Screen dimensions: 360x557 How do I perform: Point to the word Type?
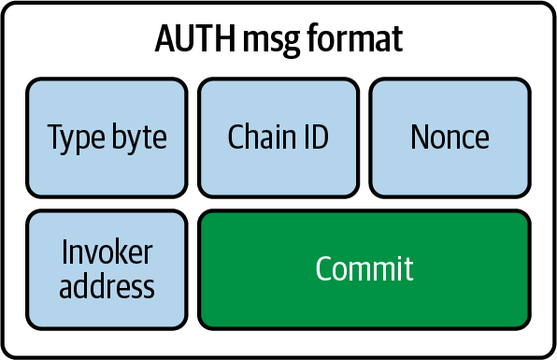point(73,138)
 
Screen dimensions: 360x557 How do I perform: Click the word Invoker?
point(107,253)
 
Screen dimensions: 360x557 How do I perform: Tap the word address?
point(107,285)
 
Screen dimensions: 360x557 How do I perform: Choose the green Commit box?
point(364,269)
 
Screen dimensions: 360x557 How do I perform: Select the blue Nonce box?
point(450,137)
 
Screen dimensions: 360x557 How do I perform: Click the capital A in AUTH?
point(164,40)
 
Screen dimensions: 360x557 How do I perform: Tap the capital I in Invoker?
point(65,253)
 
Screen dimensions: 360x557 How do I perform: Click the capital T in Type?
point(55,137)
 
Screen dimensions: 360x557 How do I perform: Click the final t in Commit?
point(408,269)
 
